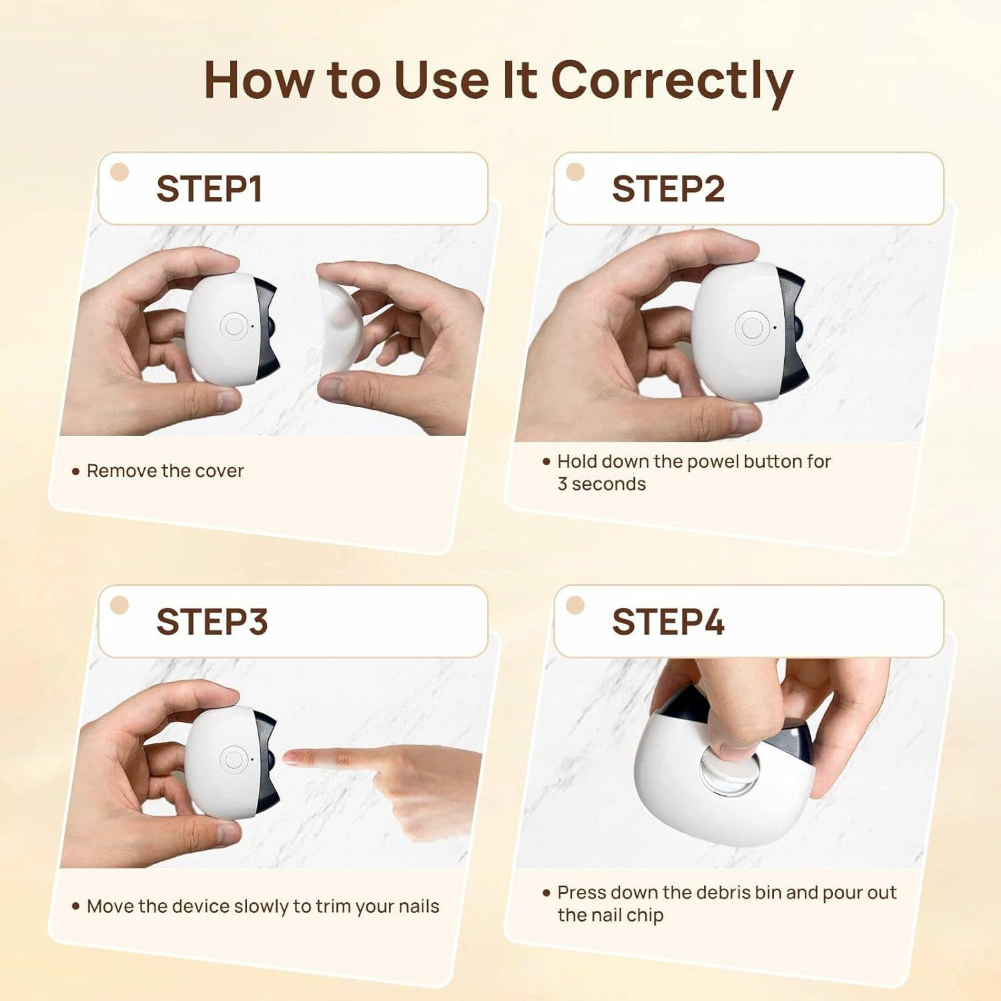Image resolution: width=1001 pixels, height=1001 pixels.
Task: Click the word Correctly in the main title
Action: (x=672, y=81)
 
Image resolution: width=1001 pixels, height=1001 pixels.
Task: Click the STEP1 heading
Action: (x=209, y=189)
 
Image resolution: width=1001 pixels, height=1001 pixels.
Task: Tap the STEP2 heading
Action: (x=668, y=189)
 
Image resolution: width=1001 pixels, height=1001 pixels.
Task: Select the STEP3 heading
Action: (x=212, y=622)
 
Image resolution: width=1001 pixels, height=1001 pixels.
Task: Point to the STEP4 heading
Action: (x=668, y=622)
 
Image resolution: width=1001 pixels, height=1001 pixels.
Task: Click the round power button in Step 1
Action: (x=234, y=326)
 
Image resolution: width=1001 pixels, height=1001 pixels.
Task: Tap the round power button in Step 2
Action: (x=751, y=328)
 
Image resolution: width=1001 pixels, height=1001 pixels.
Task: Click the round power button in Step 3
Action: (x=234, y=759)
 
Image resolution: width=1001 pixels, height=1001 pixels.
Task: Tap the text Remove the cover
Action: (x=165, y=471)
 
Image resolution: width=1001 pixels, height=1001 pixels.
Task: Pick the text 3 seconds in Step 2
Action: (x=601, y=484)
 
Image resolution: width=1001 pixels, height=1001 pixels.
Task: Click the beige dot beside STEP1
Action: (x=119, y=172)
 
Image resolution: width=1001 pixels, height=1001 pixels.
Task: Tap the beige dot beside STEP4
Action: (x=575, y=605)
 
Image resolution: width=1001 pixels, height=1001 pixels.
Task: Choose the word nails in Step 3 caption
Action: (x=418, y=906)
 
